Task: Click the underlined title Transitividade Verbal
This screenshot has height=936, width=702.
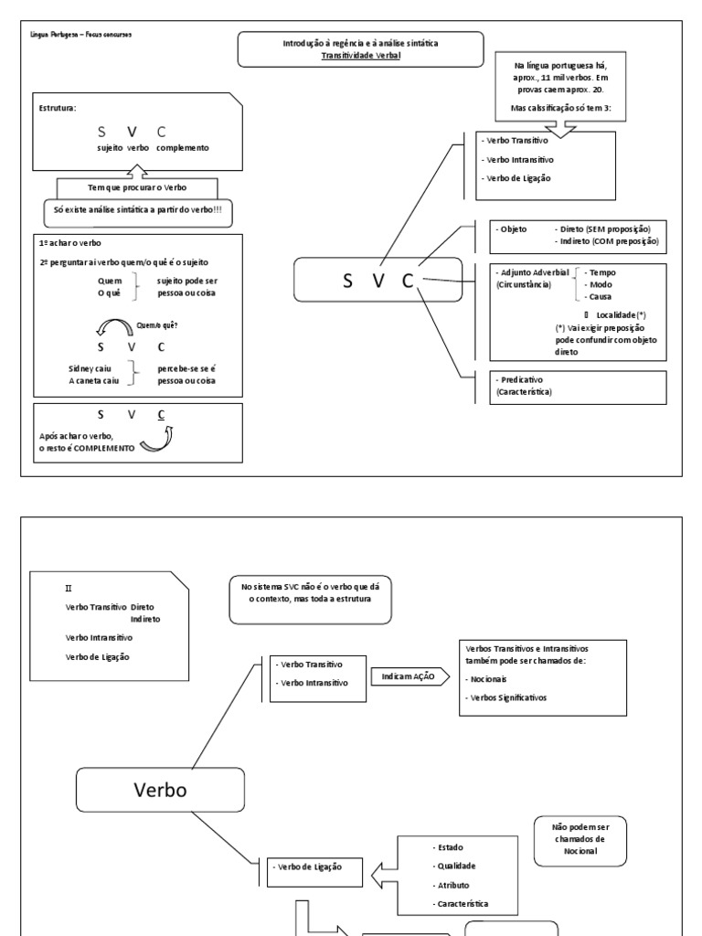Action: point(360,56)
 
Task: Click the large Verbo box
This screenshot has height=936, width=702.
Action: point(161,790)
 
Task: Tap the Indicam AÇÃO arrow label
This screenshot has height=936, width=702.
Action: point(409,676)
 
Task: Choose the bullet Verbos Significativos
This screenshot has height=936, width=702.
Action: point(505,697)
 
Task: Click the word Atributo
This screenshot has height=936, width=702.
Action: point(451,885)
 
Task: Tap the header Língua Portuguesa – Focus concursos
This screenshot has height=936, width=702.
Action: point(81,35)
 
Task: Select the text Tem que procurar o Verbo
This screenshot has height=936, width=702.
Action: point(137,187)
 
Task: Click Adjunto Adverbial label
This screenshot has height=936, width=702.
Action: point(532,272)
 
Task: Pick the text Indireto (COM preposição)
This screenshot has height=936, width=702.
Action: point(607,241)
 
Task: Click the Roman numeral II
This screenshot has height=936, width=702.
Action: point(69,588)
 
